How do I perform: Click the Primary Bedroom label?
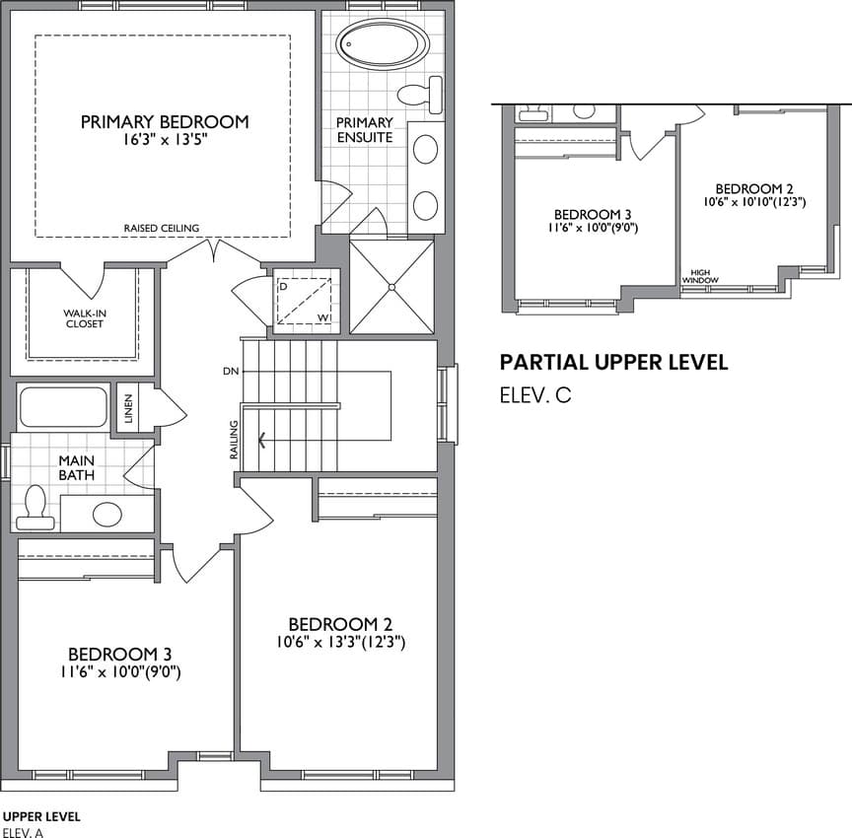[x=165, y=121]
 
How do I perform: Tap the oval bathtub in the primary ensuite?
[x=381, y=45]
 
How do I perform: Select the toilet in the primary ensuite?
[x=419, y=95]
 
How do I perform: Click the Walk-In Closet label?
[x=84, y=318]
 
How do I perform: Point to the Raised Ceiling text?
[x=162, y=228]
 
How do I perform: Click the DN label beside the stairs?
[x=231, y=372]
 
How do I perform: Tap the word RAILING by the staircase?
[x=234, y=440]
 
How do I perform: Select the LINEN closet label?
[x=128, y=408]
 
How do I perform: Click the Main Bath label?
[x=77, y=467]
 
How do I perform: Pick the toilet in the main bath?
[x=35, y=508]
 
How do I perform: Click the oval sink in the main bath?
[x=107, y=515]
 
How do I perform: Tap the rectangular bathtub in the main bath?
[x=63, y=407]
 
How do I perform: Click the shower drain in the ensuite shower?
[x=391, y=287]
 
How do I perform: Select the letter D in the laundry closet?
[x=283, y=286]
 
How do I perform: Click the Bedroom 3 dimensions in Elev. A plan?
[x=120, y=672]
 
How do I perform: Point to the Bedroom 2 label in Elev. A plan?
[x=340, y=625]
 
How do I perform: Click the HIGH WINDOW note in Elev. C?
[x=700, y=276]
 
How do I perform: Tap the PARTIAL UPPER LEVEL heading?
[x=614, y=362]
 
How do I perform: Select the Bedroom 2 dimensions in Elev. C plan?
[x=754, y=202]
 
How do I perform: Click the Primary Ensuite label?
[x=365, y=130]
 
